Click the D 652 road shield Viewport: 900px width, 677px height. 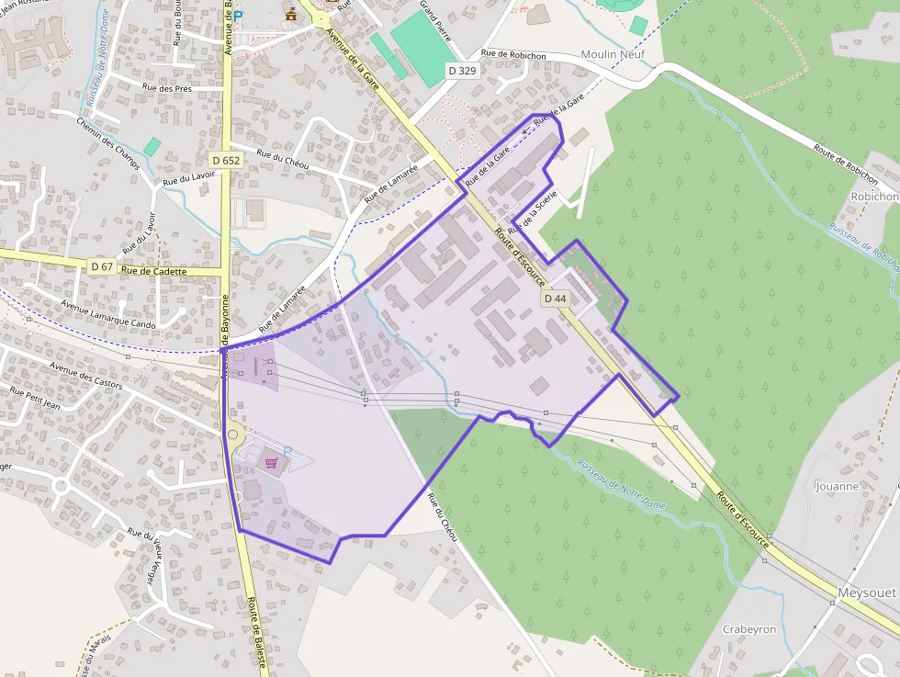(x=225, y=160)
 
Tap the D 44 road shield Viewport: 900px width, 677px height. (x=555, y=299)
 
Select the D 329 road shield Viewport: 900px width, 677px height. (x=463, y=70)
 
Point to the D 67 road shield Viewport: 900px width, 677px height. (x=102, y=265)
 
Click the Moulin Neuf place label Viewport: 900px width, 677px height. (x=613, y=55)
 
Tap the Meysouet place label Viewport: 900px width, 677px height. (x=866, y=592)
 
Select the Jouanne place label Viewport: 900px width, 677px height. (x=836, y=486)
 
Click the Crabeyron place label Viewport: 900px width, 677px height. (x=749, y=629)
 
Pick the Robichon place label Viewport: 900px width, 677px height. (x=873, y=197)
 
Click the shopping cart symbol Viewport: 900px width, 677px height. (x=271, y=463)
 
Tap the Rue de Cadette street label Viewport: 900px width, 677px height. (x=153, y=271)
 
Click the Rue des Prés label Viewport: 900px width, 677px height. (x=167, y=88)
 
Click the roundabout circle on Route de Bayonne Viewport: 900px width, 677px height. (x=232, y=435)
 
